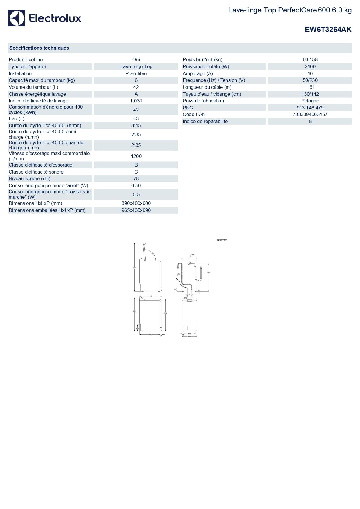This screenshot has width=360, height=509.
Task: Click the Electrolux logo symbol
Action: click(x=17, y=18)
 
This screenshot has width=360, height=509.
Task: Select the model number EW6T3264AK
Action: click(x=328, y=30)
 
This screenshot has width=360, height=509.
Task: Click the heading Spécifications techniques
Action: click(x=39, y=48)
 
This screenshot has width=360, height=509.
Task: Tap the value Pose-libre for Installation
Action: click(x=136, y=74)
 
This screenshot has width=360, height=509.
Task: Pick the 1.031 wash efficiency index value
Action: click(x=136, y=101)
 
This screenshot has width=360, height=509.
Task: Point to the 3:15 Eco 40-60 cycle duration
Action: click(x=136, y=126)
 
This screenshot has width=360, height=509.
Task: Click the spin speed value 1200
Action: click(x=136, y=156)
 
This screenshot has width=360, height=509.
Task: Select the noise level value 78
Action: click(x=136, y=179)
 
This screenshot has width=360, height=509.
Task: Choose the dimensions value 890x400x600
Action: click(x=136, y=203)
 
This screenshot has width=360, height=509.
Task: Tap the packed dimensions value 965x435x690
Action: click(x=136, y=210)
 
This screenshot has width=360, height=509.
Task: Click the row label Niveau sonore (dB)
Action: click(x=30, y=179)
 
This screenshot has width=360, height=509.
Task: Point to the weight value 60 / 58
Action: click(x=310, y=60)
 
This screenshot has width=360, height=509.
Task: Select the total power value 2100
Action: click(x=310, y=67)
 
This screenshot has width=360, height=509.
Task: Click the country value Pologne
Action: click(x=310, y=101)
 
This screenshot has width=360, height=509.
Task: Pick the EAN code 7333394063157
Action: click(x=310, y=115)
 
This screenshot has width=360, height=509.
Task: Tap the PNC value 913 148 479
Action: click(x=310, y=108)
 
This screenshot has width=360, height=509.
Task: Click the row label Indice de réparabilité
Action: click(x=205, y=122)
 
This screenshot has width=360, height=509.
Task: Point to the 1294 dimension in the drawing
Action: click(x=134, y=268)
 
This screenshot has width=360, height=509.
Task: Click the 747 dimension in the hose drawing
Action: click(x=209, y=272)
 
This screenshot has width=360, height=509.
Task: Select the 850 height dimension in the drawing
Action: click(x=166, y=313)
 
